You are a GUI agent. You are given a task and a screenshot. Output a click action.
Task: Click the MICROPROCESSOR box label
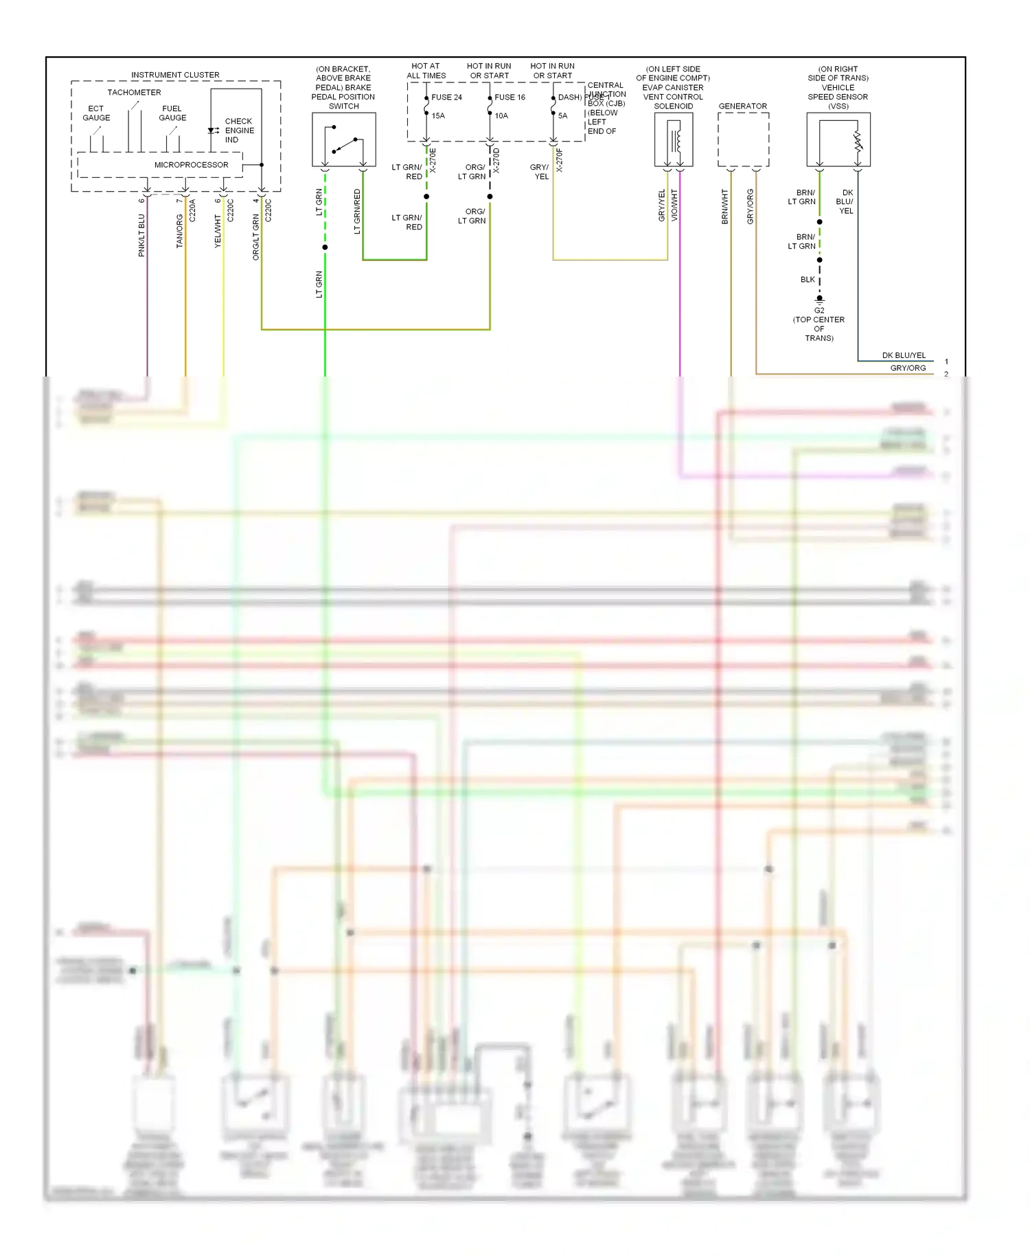click(x=191, y=165)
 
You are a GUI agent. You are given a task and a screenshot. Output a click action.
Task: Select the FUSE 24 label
click(x=446, y=98)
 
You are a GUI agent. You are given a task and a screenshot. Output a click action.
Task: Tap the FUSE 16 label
click(x=510, y=98)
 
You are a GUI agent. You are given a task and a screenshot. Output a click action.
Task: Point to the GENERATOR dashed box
click(x=743, y=139)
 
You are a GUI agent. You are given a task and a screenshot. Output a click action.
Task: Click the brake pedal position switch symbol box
click(x=343, y=139)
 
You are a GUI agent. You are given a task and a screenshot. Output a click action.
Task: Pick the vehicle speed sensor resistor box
click(x=838, y=139)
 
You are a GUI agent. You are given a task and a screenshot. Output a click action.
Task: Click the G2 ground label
click(x=819, y=311)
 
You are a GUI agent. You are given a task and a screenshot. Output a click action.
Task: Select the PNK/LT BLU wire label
click(x=142, y=236)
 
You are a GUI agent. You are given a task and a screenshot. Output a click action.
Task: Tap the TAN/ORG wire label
click(x=180, y=231)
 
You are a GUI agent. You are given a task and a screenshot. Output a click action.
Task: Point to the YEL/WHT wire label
click(x=218, y=231)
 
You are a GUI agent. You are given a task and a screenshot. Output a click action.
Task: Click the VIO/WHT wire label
click(x=674, y=205)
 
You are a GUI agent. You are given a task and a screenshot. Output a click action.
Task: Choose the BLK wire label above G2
click(x=808, y=280)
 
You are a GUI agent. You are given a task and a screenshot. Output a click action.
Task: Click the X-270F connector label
click(x=560, y=160)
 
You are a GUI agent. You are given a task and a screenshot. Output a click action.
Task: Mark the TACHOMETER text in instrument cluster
click(x=134, y=92)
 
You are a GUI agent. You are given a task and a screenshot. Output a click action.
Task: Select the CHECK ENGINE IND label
click(x=239, y=131)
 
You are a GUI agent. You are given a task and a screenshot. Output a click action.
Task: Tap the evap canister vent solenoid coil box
click(x=674, y=139)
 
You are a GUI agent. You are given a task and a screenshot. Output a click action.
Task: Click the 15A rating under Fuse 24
click(x=438, y=116)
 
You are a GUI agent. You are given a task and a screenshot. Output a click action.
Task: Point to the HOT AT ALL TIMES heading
click(x=426, y=71)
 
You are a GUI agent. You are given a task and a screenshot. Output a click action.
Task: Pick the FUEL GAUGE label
click(x=172, y=113)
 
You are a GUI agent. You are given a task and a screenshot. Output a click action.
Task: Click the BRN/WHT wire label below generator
click(x=725, y=207)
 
